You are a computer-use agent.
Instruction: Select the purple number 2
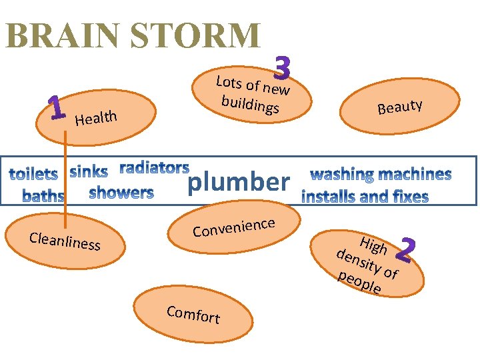(x=405, y=249)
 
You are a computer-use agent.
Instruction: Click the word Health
(x=96, y=118)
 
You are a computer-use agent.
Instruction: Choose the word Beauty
(x=399, y=106)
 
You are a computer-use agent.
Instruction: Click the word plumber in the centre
(x=239, y=181)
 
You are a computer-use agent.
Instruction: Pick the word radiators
(x=154, y=167)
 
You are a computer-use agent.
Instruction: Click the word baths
(x=43, y=196)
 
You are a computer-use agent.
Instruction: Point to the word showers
(x=121, y=193)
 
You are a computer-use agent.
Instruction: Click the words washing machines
(x=381, y=175)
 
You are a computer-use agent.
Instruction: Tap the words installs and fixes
(x=365, y=197)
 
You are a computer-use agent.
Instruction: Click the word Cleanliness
(x=65, y=241)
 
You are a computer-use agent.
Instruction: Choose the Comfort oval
(x=193, y=314)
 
